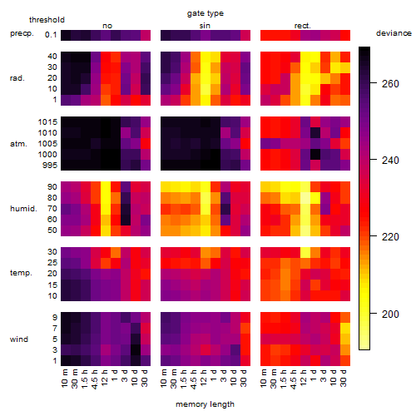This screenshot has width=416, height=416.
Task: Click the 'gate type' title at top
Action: click(x=206, y=13)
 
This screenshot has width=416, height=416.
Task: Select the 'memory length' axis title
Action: click(x=205, y=404)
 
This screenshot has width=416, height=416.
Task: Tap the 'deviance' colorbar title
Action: click(x=394, y=33)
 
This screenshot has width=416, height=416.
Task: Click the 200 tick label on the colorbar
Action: click(x=390, y=314)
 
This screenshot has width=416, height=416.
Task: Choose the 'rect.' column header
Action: click(x=302, y=26)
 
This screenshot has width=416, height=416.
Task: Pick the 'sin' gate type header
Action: click(x=205, y=26)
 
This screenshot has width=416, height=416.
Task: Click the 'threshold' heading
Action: click(x=47, y=20)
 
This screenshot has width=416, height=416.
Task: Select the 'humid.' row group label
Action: click(x=23, y=209)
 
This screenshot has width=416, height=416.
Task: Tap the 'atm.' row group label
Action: click(x=18, y=144)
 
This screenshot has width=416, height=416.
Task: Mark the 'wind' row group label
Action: click(x=19, y=339)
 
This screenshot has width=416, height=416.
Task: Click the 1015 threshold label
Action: click(x=47, y=122)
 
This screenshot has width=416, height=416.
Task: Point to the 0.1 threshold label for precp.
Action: click(x=51, y=35)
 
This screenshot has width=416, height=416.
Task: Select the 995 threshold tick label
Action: click(x=50, y=166)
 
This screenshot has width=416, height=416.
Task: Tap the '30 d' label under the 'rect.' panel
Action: click(x=344, y=378)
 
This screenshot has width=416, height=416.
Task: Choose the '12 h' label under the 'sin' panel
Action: click(x=204, y=378)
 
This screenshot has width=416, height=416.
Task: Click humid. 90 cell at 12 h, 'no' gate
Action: click(x=106, y=187)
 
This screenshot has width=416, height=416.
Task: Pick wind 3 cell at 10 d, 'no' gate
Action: click(x=136, y=349)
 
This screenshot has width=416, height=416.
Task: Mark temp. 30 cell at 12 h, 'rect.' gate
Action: click(x=305, y=252)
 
